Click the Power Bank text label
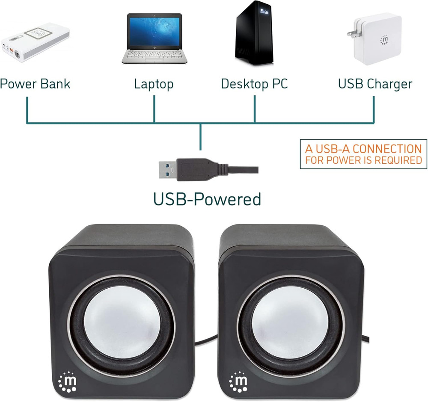[35, 83]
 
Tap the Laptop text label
[154, 83]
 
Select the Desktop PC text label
[254, 83]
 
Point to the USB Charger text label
[375, 83]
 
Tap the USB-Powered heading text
[207, 199]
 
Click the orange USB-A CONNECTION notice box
[363, 154]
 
